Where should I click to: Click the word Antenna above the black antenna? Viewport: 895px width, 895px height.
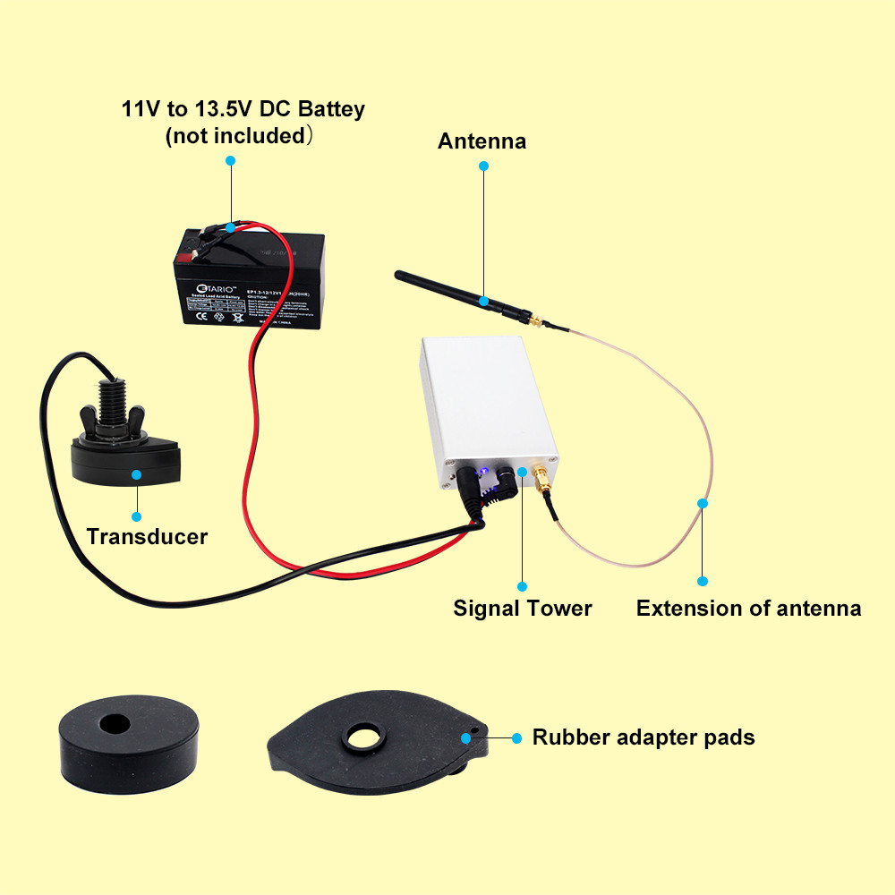(482, 141)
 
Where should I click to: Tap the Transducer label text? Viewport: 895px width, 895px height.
(147, 537)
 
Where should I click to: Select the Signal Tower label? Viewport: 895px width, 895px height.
(523, 609)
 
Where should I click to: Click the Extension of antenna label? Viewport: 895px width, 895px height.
(748, 609)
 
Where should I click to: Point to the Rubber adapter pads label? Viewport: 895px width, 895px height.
(644, 737)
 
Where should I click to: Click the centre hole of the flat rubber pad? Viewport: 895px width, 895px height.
(364, 737)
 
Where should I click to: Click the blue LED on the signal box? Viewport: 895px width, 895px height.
(482, 471)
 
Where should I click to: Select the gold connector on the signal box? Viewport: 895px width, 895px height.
(541, 475)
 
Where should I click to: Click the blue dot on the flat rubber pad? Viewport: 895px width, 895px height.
(465, 737)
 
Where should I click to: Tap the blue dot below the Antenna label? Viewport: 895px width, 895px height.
(483, 166)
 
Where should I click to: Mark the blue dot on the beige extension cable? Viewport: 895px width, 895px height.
(703, 503)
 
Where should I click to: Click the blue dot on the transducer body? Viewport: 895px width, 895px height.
(136, 474)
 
